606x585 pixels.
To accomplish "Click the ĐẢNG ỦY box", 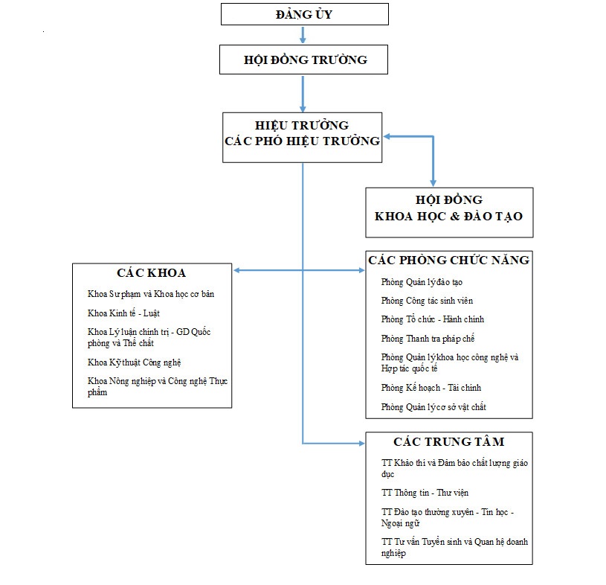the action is pos(305,14).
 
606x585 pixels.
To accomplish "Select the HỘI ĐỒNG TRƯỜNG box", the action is pos(304,60).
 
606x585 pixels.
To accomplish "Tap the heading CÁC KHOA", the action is pos(152,272).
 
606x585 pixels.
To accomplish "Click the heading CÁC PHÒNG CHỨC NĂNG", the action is pos(448,260).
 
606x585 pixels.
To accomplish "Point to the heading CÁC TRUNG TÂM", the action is pos(449,441).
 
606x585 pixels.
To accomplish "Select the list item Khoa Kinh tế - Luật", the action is pos(123,313).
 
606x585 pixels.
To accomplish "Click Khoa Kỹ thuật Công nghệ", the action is pos(134,362).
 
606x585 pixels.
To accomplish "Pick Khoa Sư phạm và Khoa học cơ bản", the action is pos(151,294).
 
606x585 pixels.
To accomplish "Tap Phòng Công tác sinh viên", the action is pos(427,301).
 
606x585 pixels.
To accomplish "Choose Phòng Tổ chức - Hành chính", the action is pos(433,319).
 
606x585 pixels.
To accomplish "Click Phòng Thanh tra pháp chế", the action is pos(428,339).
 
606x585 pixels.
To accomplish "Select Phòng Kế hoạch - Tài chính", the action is pos(431,388).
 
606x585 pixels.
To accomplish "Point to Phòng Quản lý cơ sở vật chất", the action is pos(433,407).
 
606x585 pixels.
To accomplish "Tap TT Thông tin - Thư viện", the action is pos(425,493).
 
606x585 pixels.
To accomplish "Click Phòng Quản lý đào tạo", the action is pos(422,282).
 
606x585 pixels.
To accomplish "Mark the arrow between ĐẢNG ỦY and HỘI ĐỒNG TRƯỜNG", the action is pos(303,35).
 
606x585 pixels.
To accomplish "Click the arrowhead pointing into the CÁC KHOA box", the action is pos(237,270).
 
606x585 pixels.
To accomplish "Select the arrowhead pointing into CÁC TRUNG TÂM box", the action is pos(361,444).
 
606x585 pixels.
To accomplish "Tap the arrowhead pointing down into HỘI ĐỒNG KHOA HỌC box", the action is pos(433,183).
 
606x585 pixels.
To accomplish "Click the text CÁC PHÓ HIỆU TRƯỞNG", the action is pos(302,141).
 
